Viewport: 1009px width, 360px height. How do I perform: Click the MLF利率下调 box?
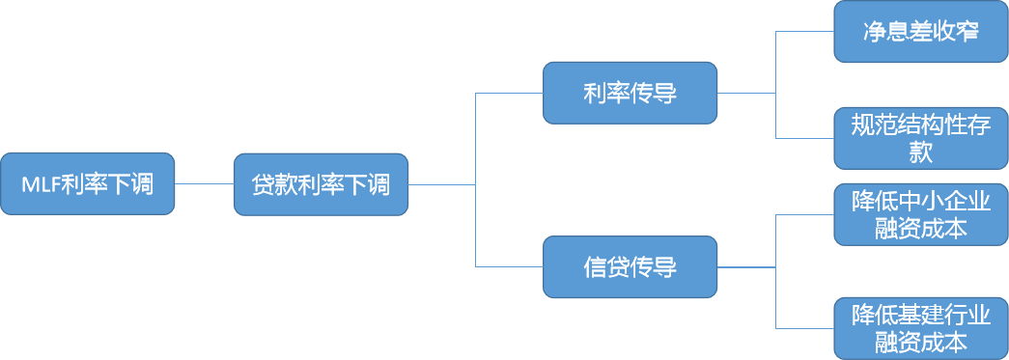[x=88, y=183]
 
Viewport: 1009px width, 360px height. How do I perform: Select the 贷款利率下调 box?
[x=321, y=183]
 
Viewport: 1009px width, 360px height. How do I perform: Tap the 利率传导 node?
[x=630, y=93]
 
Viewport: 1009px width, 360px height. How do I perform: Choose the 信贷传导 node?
[x=630, y=266]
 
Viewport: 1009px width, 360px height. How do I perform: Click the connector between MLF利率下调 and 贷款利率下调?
[x=205, y=183]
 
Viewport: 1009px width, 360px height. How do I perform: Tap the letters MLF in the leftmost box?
[x=41, y=184]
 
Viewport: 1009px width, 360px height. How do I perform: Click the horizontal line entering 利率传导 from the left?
[x=509, y=94]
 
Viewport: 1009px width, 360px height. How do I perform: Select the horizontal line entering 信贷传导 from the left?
[x=509, y=266]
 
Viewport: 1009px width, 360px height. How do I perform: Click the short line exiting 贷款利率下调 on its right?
[x=441, y=183]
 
